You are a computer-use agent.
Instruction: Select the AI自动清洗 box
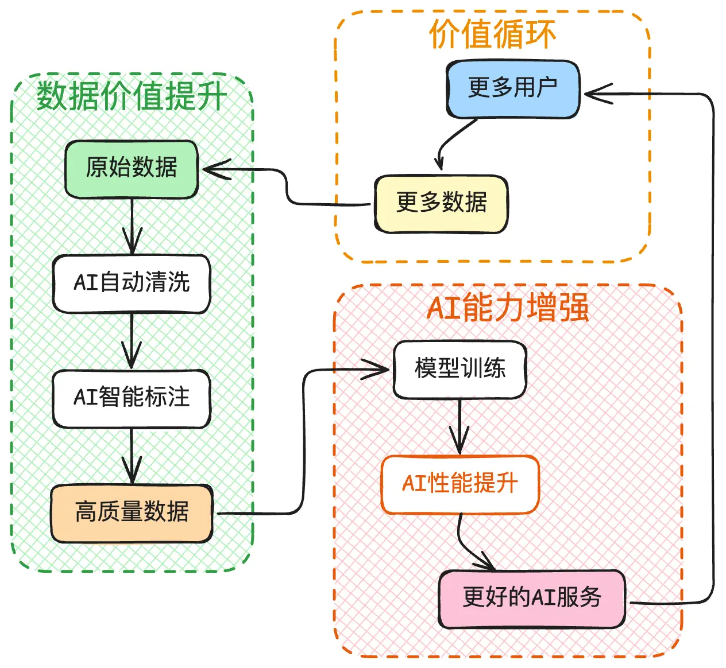click(x=132, y=283)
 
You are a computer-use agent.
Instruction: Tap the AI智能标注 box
click(x=132, y=398)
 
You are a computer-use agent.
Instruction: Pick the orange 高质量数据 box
click(x=132, y=513)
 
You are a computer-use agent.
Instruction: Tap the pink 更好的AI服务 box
click(x=532, y=599)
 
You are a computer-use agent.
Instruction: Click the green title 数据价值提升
click(x=132, y=96)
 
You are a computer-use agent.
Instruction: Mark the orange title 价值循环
click(x=492, y=34)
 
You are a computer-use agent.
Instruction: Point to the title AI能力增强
click(x=508, y=308)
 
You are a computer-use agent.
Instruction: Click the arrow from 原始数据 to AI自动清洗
click(x=132, y=227)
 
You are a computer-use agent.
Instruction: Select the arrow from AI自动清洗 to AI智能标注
click(x=132, y=341)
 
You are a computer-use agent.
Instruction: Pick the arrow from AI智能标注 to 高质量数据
click(x=132, y=456)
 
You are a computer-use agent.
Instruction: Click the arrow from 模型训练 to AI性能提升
click(x=459, y=427)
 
